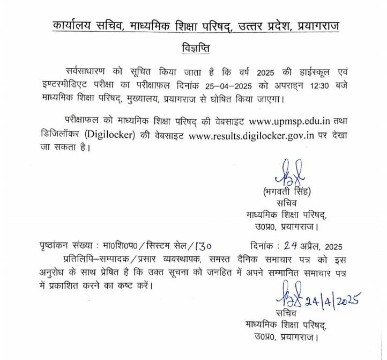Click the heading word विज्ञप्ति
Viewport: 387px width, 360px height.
[x=194, y=49]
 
